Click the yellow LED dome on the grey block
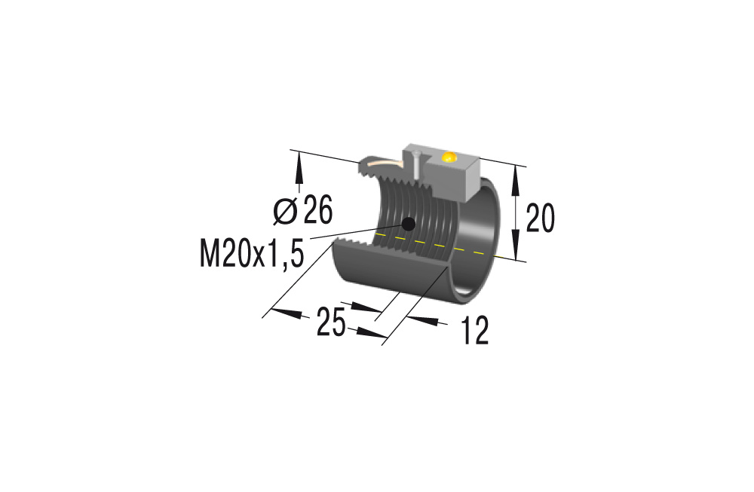click(x=449, y=157)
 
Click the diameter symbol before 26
click(x=284, y=212)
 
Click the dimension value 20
click(x=540, y=218)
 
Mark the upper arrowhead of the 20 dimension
click(x=516, y=175)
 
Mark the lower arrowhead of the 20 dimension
click(x=516, y=249)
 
